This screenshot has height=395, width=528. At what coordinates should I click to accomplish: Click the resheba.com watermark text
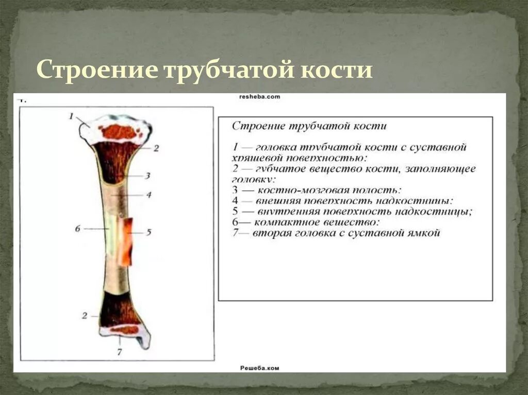pyautogui.click(x=259, y=96)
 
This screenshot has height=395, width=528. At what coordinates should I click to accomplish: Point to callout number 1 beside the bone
pyautogui.click(x=72, y=116)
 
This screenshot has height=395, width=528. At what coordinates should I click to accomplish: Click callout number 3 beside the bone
pyautogui.click(x=147, y=176)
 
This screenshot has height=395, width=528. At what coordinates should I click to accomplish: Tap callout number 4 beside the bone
pyautogui.click(x=148, y=195)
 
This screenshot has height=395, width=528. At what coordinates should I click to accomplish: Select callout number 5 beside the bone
pyautogui.click(x=148, y=232)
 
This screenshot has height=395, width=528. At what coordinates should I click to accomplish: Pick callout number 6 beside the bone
pyautogui.click(x=78, y=228)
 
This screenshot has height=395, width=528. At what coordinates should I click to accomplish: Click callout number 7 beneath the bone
pyautogui.click(x=120, y=352)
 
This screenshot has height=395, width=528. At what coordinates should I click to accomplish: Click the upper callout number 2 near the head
pyautogui.click(x=156, y=148)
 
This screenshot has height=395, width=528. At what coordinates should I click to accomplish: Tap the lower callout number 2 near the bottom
pyautogui.click(x=85, y=316)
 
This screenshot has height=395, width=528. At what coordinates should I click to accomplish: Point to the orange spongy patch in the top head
pyautogui.click(x=118, y=132)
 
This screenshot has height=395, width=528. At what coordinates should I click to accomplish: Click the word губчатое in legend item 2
pyautogui.click(x=279, y=169)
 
